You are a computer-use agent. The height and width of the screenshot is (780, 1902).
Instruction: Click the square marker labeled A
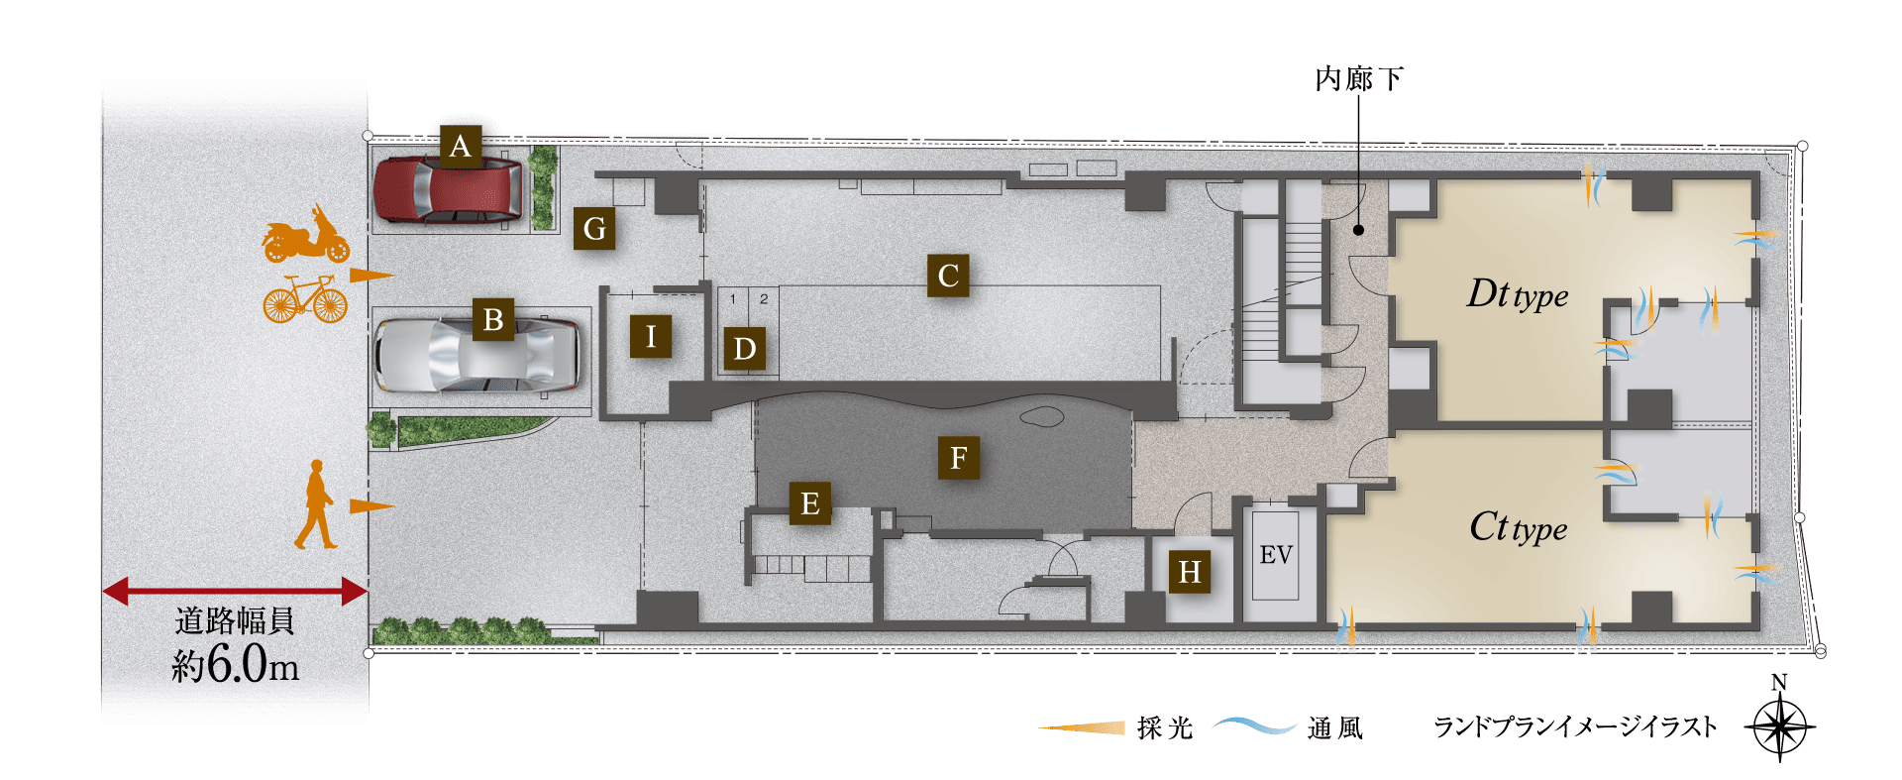coord(460,147)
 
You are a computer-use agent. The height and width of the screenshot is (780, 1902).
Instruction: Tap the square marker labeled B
coord(493,320)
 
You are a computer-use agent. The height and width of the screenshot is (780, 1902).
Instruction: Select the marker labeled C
coord(948,276)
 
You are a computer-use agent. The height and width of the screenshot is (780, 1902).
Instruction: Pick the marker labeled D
coord(745,349)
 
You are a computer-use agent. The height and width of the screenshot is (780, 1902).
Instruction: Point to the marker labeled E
coord(810,503)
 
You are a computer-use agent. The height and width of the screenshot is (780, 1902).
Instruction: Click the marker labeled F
coord(959,458)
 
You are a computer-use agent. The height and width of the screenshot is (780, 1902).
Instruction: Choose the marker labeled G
coord(594,229)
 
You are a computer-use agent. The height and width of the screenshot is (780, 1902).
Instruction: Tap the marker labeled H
coord(1190,572)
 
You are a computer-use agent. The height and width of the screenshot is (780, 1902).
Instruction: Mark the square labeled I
coord(651,337)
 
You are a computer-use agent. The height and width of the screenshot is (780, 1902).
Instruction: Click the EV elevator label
coord(1276,555)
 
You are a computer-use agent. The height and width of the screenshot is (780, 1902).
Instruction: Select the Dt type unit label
coord(1517,294)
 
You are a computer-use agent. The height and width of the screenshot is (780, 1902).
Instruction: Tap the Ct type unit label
coord(1518,527)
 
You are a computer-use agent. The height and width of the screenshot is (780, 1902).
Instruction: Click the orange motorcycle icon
coord(305,236)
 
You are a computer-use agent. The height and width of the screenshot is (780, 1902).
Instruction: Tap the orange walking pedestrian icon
coord(316,504)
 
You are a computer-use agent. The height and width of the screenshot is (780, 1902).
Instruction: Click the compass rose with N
coord(1779,726)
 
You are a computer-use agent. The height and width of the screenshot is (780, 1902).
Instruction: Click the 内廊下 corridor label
coord(1358,79)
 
